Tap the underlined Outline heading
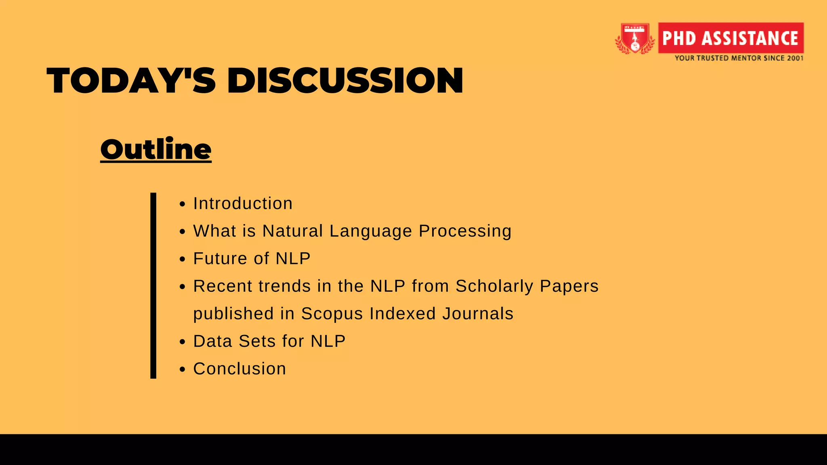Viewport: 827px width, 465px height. pos(156,149)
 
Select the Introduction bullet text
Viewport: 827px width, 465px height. pos(243,203)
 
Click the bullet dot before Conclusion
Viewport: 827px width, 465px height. pos(183,369)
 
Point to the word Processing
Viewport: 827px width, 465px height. pos(465,231)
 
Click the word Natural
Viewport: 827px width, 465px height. pos(292,231)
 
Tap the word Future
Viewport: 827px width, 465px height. pos(220,258)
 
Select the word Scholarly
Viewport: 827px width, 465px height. pos(494,286)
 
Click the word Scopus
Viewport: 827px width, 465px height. pos(332,314)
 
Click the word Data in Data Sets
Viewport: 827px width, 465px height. pos(212,341)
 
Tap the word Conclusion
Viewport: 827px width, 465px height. pos(239,369)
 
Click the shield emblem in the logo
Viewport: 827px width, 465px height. pos(635,39)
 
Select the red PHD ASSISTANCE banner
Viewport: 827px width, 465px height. pos(730,38)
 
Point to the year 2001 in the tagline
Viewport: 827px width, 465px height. pos(795,58)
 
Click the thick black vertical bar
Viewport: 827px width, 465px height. pos(153,286)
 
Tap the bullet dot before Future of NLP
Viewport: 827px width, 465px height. pos(183,259)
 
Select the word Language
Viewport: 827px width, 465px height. pos(370,231)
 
